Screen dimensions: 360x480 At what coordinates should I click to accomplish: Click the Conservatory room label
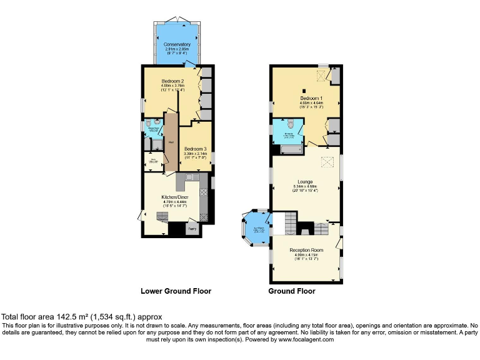tap(177, 44)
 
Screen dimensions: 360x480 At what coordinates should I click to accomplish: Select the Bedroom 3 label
tap(195, 149)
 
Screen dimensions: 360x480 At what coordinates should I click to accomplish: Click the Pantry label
tap(193, 229)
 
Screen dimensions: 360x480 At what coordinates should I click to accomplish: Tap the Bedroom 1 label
tap(311, 99)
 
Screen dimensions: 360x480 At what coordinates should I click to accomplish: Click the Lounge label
tap(306, 182)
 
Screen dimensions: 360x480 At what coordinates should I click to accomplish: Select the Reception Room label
tap(306, 250)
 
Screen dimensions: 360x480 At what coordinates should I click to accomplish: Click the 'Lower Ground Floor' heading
tap(176, 291)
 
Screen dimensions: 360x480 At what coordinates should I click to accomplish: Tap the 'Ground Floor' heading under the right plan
tap(292, 291)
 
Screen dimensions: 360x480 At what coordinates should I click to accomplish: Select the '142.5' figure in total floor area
tap(53, 317)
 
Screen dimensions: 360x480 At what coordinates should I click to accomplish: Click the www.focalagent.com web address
tap(306, 339)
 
